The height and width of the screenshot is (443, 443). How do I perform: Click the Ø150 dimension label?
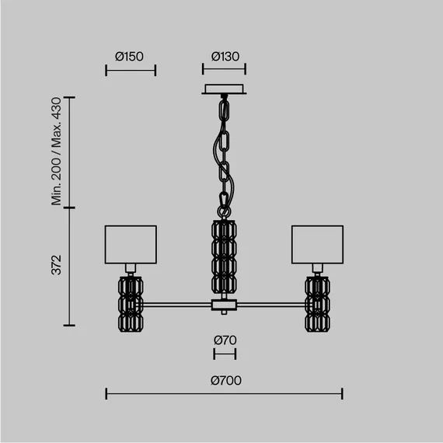129,57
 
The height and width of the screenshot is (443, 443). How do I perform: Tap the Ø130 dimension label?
225,57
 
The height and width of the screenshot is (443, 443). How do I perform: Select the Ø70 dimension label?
225,340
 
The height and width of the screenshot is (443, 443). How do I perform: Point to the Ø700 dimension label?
225,381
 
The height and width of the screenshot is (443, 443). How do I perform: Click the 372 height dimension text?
57,265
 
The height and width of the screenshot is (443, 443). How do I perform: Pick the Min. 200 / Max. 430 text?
56,152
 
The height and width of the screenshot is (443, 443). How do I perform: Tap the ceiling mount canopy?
224,89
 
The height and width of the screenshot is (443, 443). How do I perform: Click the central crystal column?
224,256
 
